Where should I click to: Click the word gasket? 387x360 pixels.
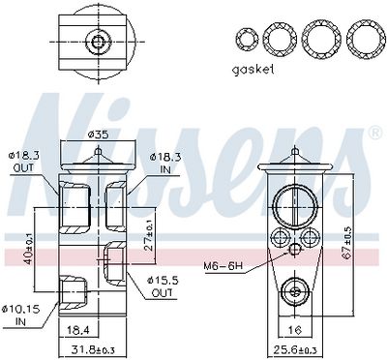pyautogui.click(x=253, y=70)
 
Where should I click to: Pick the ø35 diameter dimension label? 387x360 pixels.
pyautogui.click(x=98, y=135)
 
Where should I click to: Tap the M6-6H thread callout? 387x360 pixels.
pyautogui.click(x=223, y=266)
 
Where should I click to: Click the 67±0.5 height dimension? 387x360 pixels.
pyautogui.click(x=348, y=243)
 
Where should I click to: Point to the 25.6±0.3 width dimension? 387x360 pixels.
pyautogui.click(x=295, y=350)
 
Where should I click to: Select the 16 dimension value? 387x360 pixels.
pyautogui.click(x=294, y=330)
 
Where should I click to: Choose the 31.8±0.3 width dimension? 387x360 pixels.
pyautogui.click(x=93, y=349)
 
